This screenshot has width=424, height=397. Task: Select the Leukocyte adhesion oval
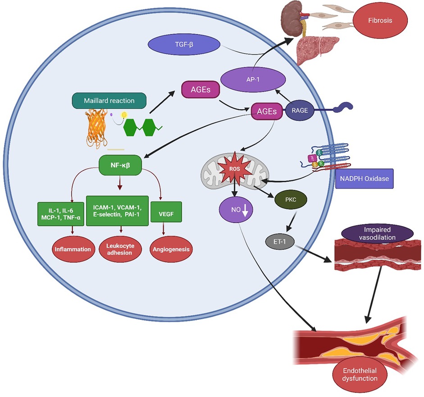point(119,249)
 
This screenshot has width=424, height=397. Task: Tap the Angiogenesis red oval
point(170,249)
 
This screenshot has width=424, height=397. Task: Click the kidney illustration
point(294,19)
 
